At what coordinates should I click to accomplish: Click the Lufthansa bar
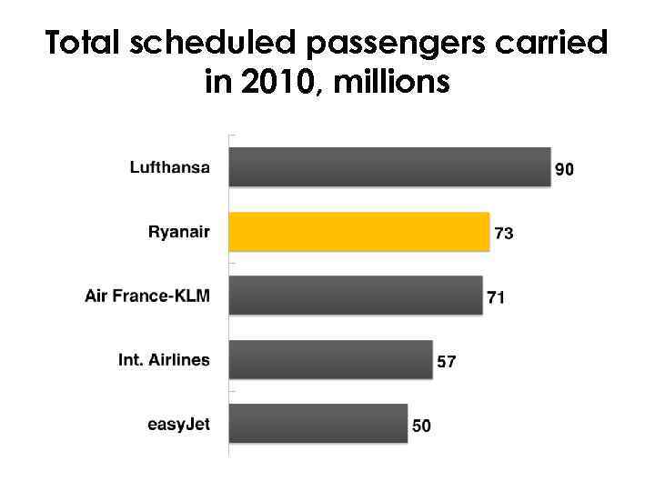[x=389, y=166]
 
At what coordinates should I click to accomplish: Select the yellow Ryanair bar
[x=358, y=231]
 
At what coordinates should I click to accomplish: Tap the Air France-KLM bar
[x=355, y=296]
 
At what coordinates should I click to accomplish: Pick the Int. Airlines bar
[x=330, y=359]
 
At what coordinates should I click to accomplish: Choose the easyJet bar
[x=317, y=424]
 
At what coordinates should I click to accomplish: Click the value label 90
[x=565, y=170]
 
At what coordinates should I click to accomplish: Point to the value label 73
[x=503, y=235]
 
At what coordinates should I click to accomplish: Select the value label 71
[x=497, y=298]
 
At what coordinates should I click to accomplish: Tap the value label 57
[x=447, y=362]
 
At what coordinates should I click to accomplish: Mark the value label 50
[x=421, y=426]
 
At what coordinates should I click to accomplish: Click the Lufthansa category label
[x=170, y=167]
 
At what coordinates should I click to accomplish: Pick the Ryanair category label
[x=178, y=232]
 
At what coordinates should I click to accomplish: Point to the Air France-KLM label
[x=147, y=296]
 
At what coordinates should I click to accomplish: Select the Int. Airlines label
[x=164, y=359]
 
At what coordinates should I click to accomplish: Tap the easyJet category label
[x=178, y=424]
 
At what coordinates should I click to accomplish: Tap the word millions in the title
[x=393, y=84]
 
